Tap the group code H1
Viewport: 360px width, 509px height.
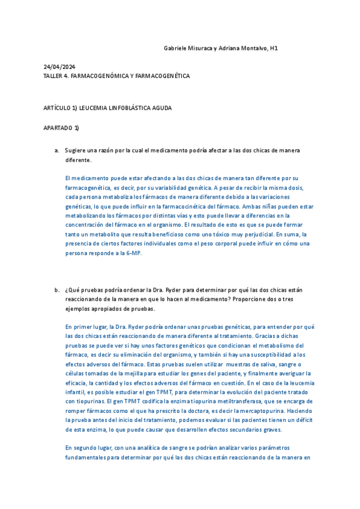pos(274,47)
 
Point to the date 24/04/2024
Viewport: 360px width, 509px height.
pos(59,67)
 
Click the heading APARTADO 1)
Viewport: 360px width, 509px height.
pos(61,128)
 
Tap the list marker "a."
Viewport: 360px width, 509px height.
pos(56,150)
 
